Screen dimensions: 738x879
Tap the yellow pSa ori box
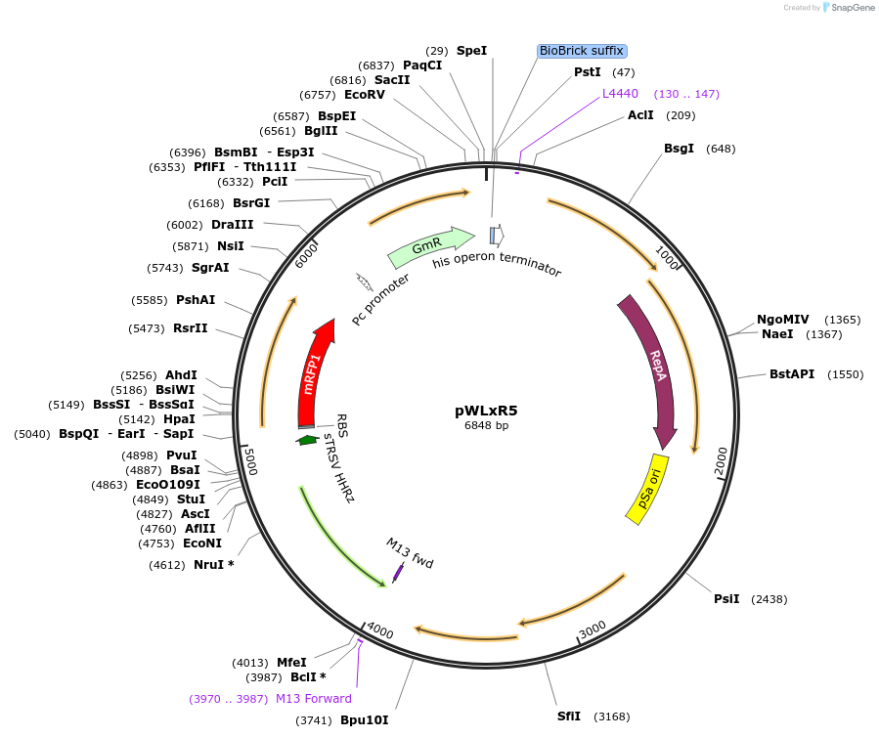pyautogui.click(x=647, y=488)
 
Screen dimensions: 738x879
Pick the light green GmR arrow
pyautogui.click(x=428, y=248)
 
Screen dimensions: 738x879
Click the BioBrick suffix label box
pyautogui.click(x=582, y=51)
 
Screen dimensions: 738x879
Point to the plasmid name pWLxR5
pyautogui.click(x=486, y=411)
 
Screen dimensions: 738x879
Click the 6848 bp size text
pyautogui.click(x=486, y=425)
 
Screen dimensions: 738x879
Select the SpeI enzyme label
pyautogui.click(x=471, y=50)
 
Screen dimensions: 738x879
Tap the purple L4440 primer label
pyautogui.click(x=620, y=94)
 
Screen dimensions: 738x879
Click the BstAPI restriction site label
pyautogui.click(x=791, y=374)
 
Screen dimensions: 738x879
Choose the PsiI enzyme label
pyautogui.click(x=726, y=599)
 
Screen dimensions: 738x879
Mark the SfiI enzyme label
pyautogui.click(x=569, y=716)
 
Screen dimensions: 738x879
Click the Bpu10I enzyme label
pyautogui.click(x=364, y=720)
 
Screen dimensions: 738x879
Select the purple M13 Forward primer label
pyautogui.click(x=313, y=699)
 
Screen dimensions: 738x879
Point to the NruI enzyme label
pyautogui.click(x=213, y=565)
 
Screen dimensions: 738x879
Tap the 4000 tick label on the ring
pyautogui.click(x=379, y=633)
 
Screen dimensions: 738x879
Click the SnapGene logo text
pyautogui.click(x=851, y=8)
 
